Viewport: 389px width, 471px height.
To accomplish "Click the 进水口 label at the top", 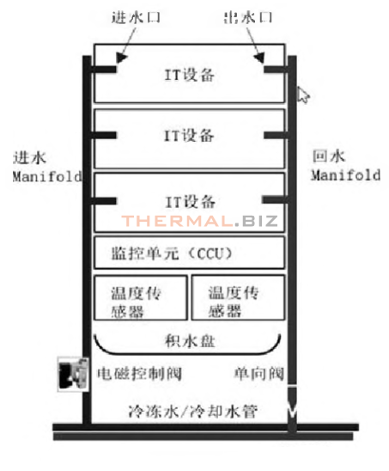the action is (136, 17).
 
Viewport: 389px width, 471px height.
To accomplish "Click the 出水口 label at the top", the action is (248, 17).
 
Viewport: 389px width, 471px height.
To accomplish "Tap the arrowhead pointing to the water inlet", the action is (121, 58).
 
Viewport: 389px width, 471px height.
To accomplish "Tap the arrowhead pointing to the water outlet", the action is (258, 58).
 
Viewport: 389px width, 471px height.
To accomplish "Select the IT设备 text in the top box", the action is (190, 75).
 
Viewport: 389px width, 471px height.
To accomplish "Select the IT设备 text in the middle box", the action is (189, 136).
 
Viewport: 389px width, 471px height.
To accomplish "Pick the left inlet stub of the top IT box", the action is (104, 70).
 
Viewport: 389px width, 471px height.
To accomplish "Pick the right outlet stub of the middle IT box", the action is (277, 135).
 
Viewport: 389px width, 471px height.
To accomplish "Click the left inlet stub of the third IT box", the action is (104, 200).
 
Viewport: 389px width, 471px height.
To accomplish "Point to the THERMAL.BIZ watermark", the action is (200, 221).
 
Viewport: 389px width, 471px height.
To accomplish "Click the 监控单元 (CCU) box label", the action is (172, 254).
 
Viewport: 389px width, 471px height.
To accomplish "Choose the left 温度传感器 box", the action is (141, 297).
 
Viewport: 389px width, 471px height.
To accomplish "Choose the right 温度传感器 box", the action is (238, 297).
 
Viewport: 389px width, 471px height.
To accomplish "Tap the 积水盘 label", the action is (190, 341).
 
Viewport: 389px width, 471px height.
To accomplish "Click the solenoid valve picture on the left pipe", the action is (73, 374).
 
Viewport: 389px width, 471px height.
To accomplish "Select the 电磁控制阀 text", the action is (140, 374).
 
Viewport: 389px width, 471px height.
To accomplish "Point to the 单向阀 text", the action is (259, 374).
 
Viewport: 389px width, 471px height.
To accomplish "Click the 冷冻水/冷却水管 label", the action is (193, 411).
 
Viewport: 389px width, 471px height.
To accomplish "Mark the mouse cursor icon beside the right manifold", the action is (302, 95).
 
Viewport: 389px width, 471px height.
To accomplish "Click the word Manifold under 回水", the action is (346, 175).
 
